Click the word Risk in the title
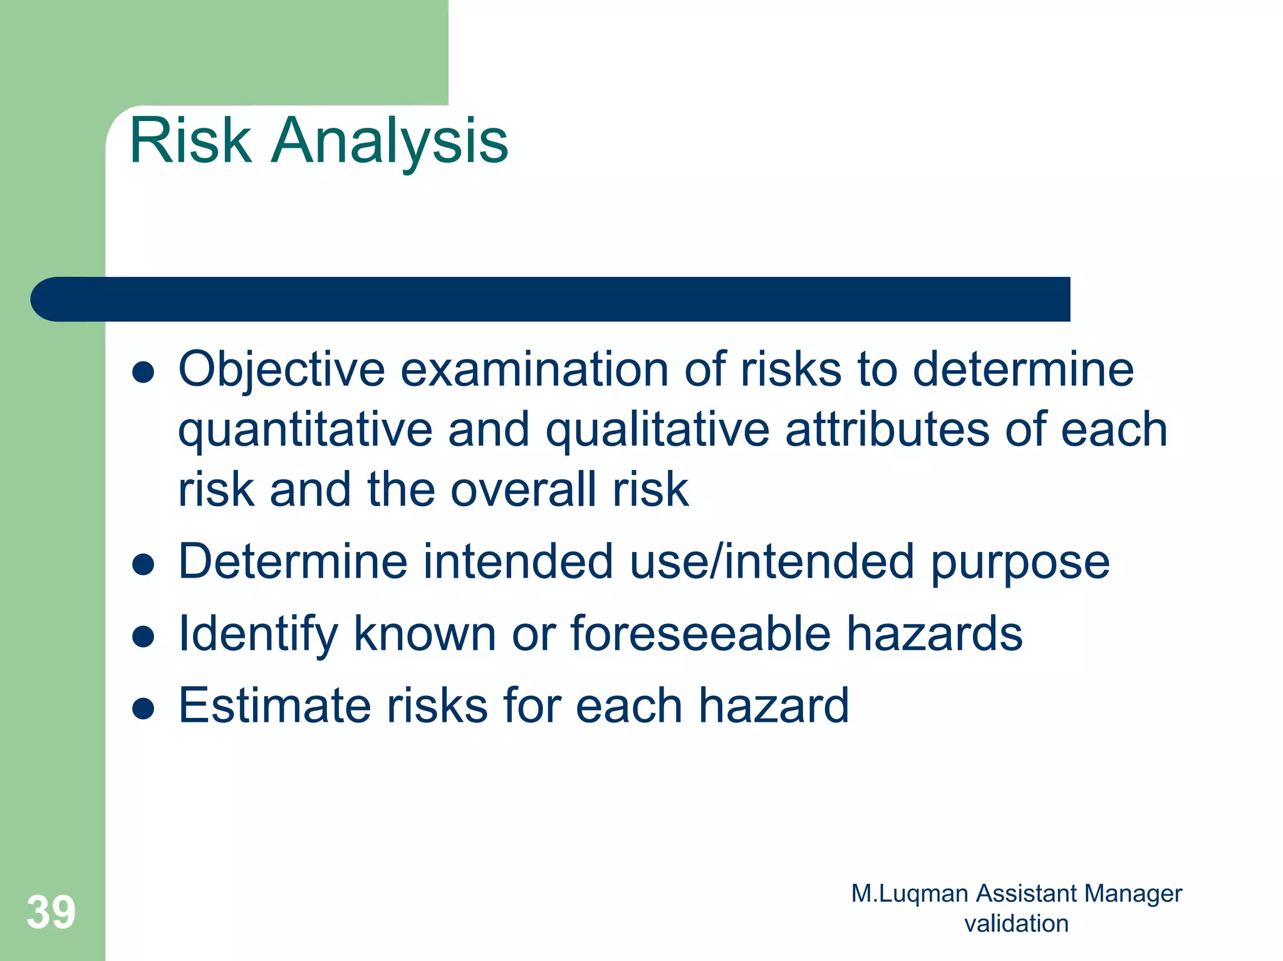(x=190, y=141)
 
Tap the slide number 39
(x=51, y=912)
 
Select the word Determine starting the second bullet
(x=293, y=561)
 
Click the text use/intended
(x=772, y=561)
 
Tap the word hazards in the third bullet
(x=935, y=633)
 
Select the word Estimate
(x=274, y=706)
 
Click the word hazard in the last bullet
(x=774, y=706)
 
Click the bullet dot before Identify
(x=143, y=636)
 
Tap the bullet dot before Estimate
(x=143, y=709)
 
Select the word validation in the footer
(x=1016, y=923)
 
